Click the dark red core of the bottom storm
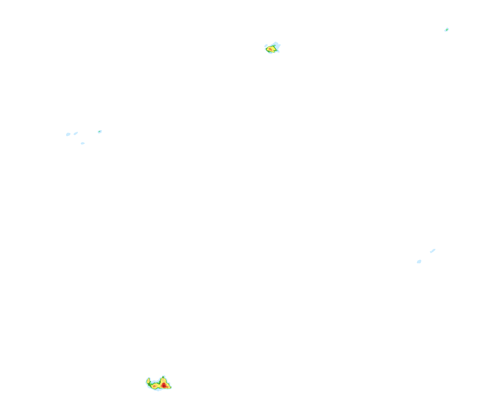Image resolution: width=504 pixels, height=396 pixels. click(x=164, y=386)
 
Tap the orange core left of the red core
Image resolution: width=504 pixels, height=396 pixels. click(x=154, y=386)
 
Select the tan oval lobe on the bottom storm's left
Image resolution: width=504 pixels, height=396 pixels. click(x=148, y=381)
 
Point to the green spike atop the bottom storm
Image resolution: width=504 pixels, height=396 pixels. click(x=163, y=377)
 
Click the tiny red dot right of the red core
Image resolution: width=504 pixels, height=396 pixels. click(x=167, y=387)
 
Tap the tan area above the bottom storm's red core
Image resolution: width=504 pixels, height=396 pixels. click(x=164, y=380)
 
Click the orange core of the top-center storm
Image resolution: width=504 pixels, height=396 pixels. click(x=270, y=49)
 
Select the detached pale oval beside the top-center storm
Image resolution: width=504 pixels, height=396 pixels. click(x=266, y=46)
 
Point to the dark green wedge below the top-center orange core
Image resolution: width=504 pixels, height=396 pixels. click(x=269, y=51)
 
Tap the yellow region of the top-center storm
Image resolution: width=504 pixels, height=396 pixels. click(x=273, y=48)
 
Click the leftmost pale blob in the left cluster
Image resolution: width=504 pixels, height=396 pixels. click(x=68, y=134)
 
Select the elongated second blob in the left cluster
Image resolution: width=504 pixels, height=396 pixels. click(x=76, y=133)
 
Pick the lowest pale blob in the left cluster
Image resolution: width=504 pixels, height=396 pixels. click(x=83, y=143)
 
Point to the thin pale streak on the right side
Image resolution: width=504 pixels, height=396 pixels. click(x=433, y=251)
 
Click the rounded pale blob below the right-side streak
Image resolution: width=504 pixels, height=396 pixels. click(x=419, y=262)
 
